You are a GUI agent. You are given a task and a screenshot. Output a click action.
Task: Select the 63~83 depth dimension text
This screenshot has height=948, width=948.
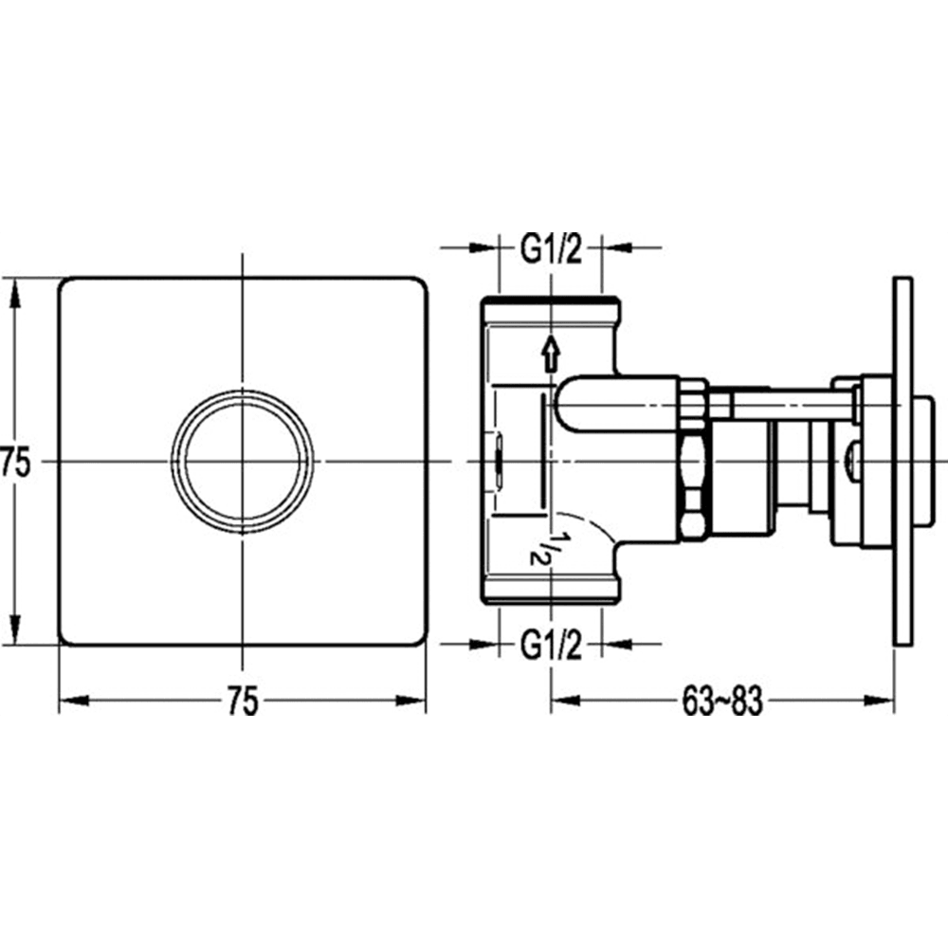pyautogui.click(x=722, y=702)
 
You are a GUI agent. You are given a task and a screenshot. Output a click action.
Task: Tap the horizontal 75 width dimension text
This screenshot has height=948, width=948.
pyautogui.click(x=243, y=702)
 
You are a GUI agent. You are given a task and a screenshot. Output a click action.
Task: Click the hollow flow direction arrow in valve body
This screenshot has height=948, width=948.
pyautogui.click(x=550, y=355)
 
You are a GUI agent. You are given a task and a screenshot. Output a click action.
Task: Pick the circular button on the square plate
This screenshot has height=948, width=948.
pyautogui.click(x=243, y=463)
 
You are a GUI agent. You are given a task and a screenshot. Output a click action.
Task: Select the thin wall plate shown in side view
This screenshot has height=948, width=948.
pyautogui.click(x=902, y=462)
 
